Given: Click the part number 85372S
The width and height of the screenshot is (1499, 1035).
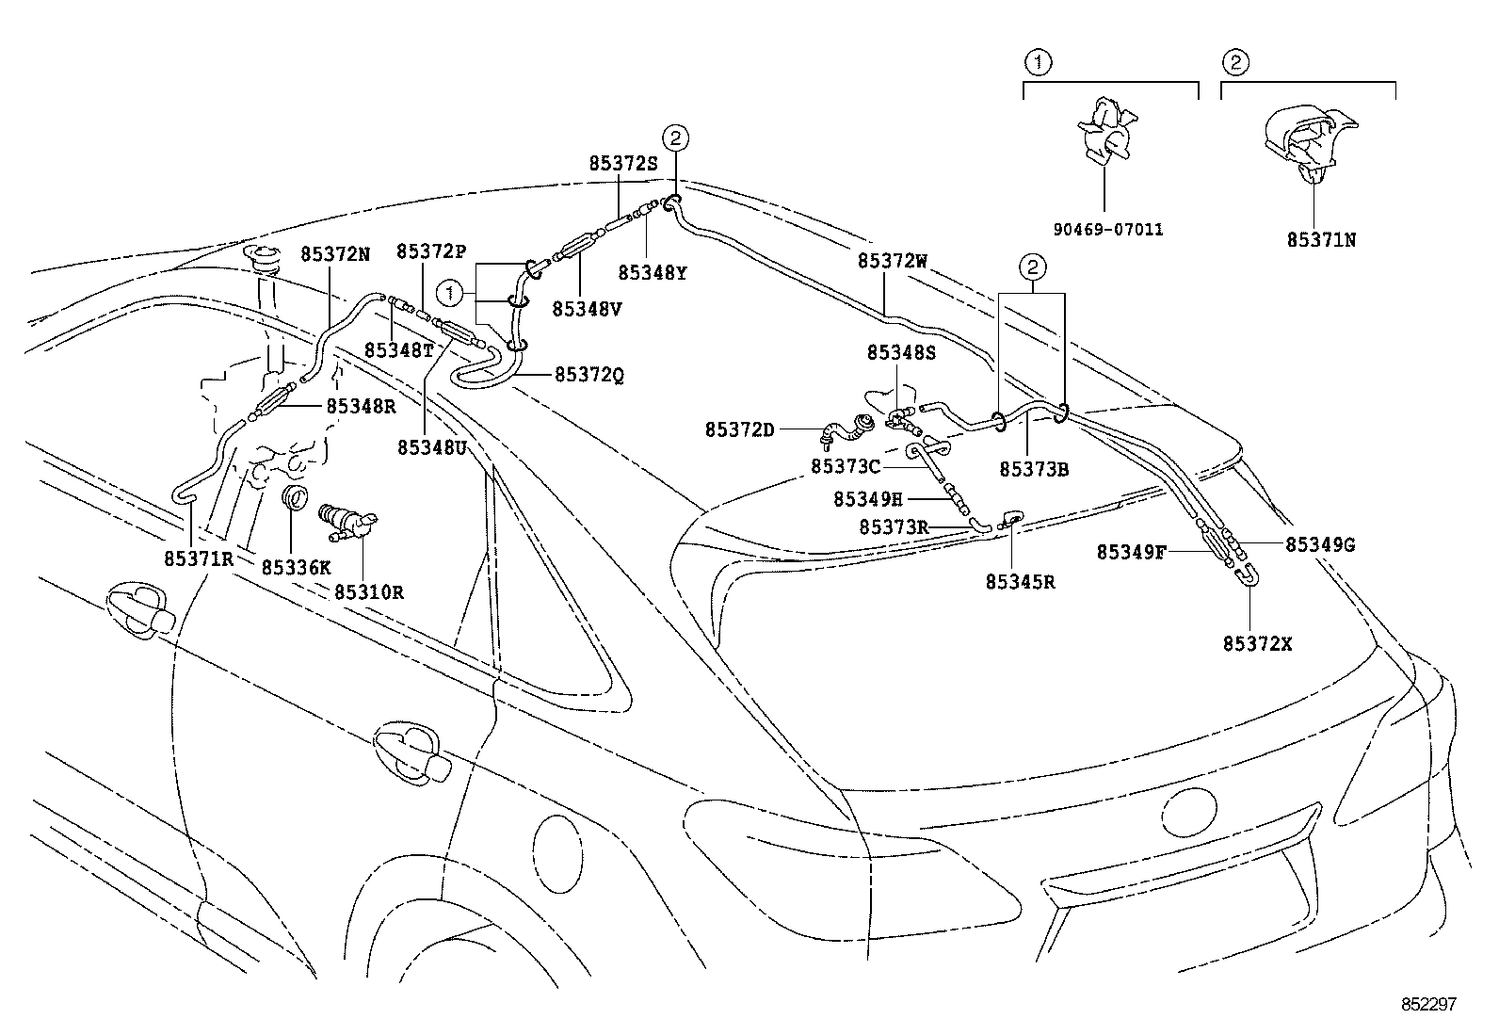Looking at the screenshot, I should tap(622, 163).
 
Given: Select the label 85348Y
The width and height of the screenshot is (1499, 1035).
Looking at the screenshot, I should tap(652, 272).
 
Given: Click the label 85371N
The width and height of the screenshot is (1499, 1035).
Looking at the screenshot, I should tap(1321, 239).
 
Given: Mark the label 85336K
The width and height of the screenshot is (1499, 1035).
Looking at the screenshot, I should tap(296, 567).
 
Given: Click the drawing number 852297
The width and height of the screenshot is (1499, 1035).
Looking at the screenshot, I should tap(1427, 1005).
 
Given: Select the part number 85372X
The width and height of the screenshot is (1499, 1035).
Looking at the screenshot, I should tap(1257, 643).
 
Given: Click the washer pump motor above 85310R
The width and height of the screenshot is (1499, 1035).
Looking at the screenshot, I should tap(347, 521).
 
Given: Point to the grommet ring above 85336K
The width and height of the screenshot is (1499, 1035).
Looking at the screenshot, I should tap(295, 497).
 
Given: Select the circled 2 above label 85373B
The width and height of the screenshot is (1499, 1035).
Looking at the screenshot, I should tap(1032, 267).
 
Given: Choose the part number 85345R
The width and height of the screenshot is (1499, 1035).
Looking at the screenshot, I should tap(1020, 582).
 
